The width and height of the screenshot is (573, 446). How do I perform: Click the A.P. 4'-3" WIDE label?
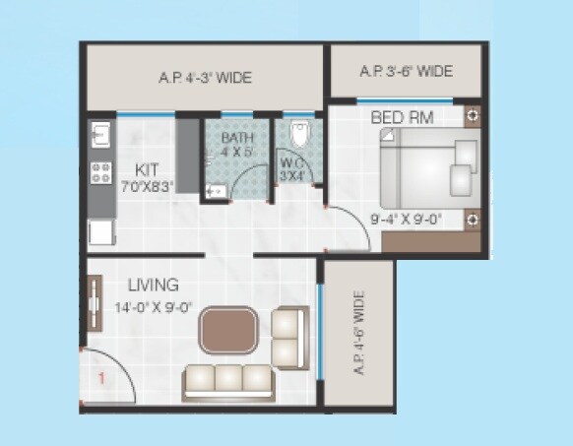point(204,77)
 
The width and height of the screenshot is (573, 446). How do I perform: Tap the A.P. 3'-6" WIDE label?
point(406,71)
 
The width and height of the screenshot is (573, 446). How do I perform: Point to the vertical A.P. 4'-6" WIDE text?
point(357,332)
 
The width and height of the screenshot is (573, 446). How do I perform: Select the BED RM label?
point(404,118)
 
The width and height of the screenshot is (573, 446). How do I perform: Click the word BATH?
point(236,139)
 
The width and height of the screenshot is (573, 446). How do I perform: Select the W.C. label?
point(291,162)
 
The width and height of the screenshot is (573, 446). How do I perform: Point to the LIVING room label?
point(153,286)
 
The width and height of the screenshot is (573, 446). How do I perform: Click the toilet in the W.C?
point(301,134)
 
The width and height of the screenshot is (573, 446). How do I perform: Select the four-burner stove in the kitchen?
point(101,174)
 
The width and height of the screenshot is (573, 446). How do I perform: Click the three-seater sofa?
point(229,380)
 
